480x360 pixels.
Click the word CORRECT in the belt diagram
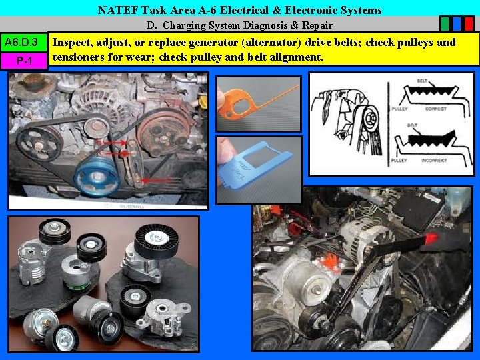436,108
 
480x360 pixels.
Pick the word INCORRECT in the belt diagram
441,161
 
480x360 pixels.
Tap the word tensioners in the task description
82,57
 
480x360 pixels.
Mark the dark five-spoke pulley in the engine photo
37,141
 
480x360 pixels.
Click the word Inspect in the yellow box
73,43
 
